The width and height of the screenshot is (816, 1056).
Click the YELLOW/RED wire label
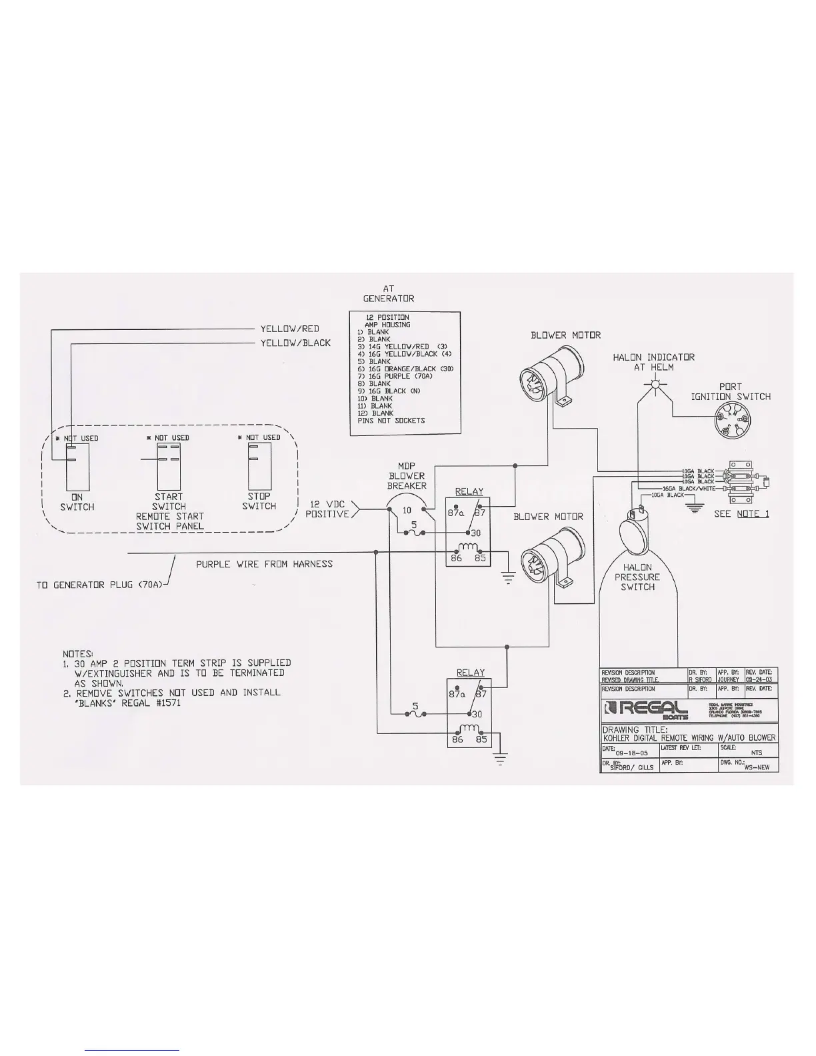pos(289,329)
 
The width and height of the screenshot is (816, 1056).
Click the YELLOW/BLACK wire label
pos(295,343)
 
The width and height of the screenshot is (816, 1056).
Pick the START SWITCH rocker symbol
pos(169,467)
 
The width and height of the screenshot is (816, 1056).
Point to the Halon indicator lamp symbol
pos(656,385)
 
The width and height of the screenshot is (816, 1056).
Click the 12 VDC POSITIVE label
pos(327,509)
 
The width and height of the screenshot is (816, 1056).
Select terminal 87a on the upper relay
pos(457,514)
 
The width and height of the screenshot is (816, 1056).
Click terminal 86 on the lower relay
pos(457,739)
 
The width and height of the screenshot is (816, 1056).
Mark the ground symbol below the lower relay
pos(499,758)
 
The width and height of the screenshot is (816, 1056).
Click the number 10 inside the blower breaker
pos(407,511)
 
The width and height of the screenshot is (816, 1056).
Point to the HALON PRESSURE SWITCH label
pos(637,577)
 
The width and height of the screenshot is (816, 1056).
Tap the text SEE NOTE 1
pos(741,514)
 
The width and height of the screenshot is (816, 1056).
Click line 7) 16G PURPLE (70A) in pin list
pos(395,376)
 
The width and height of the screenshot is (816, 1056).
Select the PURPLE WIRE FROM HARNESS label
pos(264,564)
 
